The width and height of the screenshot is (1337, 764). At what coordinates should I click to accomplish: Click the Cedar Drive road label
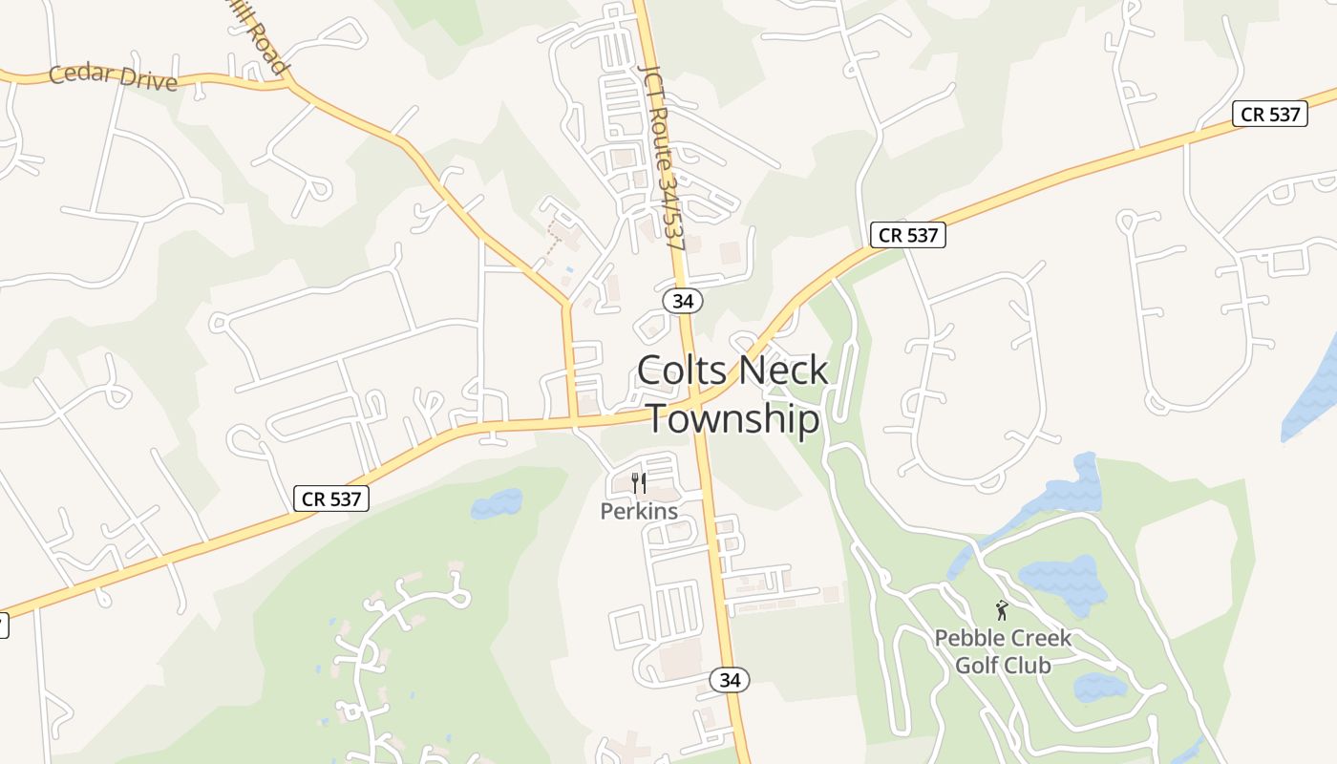[x=113, y=76]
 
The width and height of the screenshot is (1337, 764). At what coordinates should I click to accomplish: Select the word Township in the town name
[x=733, y=419]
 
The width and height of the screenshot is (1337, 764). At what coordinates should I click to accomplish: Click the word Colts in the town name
[x=677, y=371]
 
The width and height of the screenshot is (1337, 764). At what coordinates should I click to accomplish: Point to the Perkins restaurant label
[x=639, y=511]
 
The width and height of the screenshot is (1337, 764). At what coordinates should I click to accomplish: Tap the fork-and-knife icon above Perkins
[x=639, y=483]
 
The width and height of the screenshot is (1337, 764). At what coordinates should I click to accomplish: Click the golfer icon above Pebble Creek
[x=1002, y=609]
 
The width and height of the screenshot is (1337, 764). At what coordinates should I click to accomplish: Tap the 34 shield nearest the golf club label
[x=730, y=680]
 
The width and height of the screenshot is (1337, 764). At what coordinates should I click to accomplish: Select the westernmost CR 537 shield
[x=330, y=498]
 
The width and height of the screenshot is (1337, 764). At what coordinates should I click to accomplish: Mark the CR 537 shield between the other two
[x=907, y=235]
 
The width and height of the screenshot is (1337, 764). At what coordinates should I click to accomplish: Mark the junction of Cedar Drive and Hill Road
[x=289, y=84]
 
